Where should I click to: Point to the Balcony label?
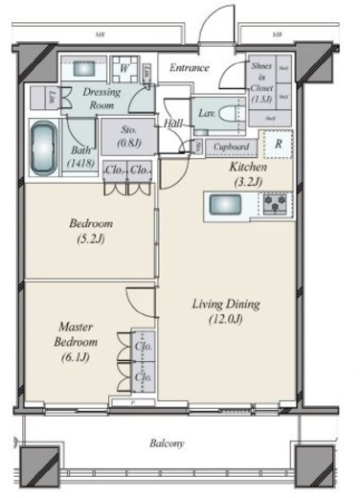point(168,443)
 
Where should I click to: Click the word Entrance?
point(190,68)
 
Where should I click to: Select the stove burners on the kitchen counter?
point(274,204)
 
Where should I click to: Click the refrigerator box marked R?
point(277,145)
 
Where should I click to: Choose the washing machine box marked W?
point(124,70)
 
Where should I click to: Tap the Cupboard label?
point(232,147)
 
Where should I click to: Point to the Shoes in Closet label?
point(261,81)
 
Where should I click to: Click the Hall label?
point(173,124)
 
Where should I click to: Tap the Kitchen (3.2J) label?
point(247,172)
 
